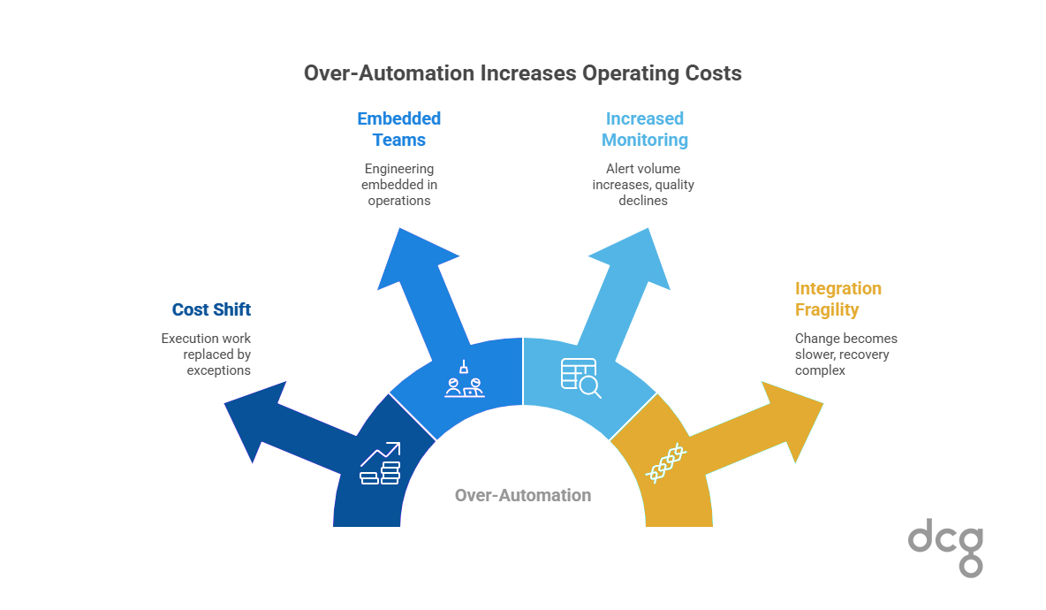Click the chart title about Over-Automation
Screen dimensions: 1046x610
522,73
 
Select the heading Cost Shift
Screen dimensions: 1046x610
211,309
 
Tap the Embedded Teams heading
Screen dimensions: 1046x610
398,129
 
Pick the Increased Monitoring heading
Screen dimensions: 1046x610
644,129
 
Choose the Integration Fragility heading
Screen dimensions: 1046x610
838,299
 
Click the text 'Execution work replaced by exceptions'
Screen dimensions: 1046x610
206,354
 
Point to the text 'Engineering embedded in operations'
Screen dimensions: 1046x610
399,184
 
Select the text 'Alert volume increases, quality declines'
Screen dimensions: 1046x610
643,184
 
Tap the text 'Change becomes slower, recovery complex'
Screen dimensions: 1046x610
845,354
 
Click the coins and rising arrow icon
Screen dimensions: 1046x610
380,463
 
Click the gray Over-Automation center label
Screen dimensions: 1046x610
523,495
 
